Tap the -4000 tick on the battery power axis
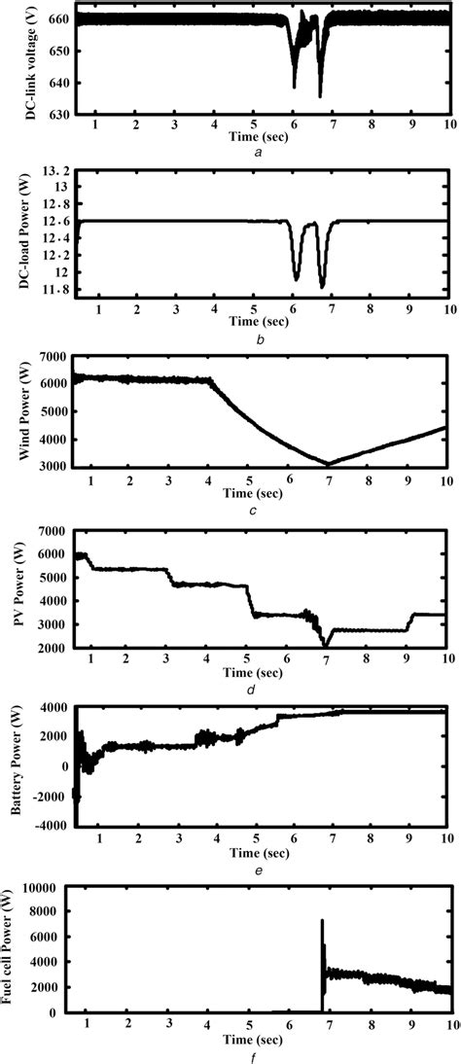tap(48, 826)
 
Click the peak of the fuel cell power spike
tap(322, 920)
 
